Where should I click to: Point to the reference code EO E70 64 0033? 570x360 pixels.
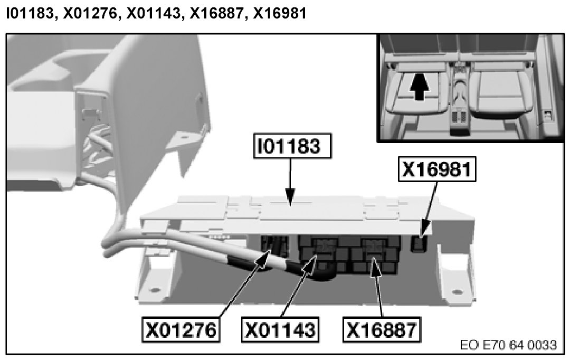(x=509, y=346)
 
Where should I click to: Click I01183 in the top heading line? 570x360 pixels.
(x=30, y=14)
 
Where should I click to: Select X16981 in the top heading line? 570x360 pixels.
(x=280, y=14)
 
